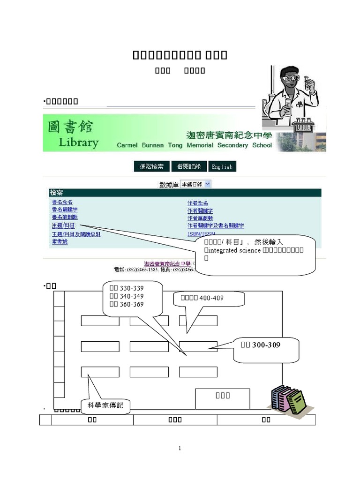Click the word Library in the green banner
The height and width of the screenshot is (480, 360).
coord(79,142)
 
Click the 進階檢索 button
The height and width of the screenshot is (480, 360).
coord(151,166)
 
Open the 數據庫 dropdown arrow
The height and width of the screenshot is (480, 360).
coord(208,184)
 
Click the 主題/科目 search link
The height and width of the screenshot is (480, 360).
coord(63,225)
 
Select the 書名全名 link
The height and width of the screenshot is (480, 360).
coord(62,202)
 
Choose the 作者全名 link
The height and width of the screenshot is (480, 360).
coord(197,202)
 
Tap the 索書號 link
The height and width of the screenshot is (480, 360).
coord(60,241)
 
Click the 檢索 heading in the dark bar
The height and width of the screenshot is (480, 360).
coord(57,193)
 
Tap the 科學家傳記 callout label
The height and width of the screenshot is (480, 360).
coord(105,405)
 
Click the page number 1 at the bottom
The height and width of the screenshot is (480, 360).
coord(180,449)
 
